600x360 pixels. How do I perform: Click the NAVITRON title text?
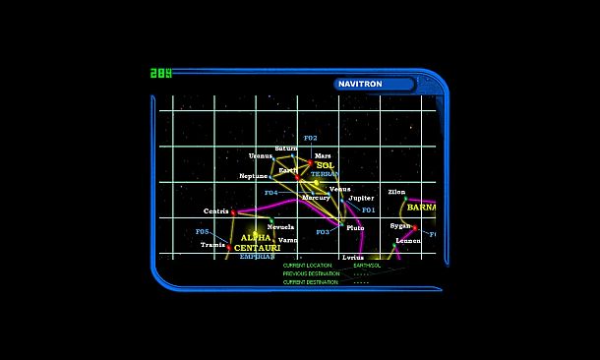360,85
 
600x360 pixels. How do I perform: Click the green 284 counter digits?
160,73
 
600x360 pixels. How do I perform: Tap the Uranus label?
261,155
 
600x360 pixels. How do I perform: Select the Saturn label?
286,149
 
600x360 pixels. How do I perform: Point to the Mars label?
323,155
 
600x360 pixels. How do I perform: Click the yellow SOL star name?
325,165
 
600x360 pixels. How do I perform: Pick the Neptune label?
254,176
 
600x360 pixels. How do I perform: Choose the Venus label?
339,189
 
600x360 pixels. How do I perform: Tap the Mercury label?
316,198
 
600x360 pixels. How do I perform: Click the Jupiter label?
361,198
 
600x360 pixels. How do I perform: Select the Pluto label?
355,228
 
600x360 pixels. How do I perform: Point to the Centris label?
216,211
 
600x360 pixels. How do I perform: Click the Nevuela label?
280,227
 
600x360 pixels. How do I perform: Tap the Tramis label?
212,245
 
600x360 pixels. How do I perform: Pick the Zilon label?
396,192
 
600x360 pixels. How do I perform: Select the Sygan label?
400,225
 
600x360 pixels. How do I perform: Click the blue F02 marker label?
311,138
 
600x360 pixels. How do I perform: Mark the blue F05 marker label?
203,232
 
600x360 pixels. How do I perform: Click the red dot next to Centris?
233,211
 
